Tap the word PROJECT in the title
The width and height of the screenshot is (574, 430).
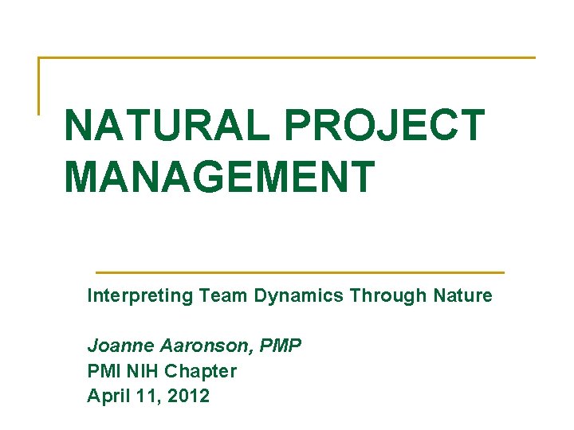383,126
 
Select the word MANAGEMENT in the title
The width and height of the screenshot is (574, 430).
219,177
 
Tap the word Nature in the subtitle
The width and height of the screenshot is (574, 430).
463,296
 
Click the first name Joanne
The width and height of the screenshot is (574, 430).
118,346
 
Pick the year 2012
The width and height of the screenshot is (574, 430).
188,396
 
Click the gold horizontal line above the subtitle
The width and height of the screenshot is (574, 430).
299,272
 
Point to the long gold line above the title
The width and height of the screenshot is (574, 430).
287,57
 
